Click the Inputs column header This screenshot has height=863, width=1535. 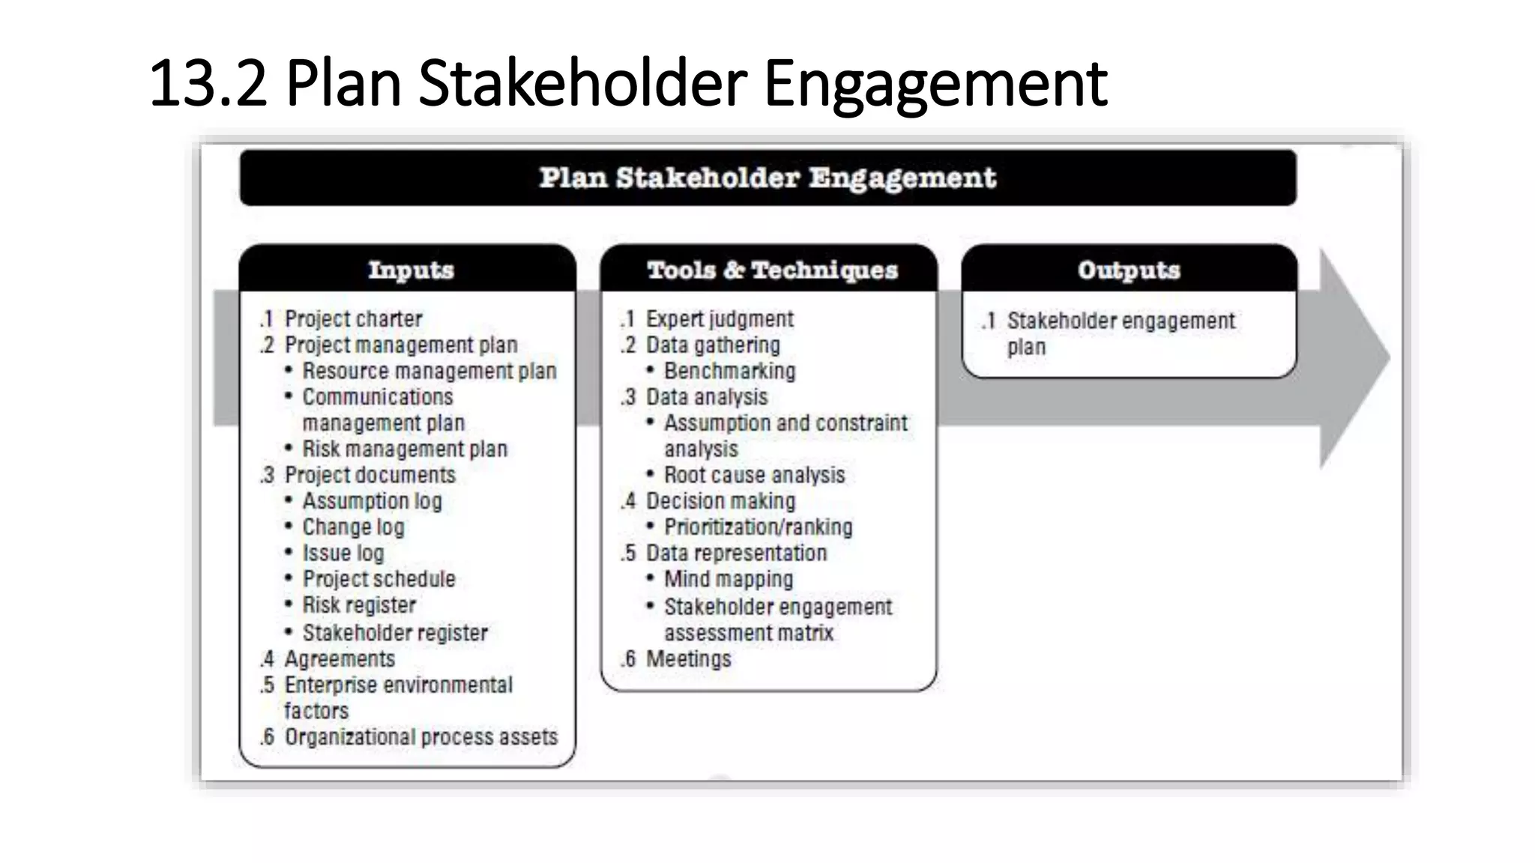(x=410, y=270)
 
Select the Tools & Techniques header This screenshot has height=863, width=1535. (x=771, y=270)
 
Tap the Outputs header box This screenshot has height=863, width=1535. (x=1129, y=270)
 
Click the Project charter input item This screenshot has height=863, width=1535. (x=353, y=319)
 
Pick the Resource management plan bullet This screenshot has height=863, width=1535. (x=429, y=372)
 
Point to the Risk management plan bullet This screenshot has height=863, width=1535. (x=405, y=449)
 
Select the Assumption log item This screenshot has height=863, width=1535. (x=372, y=501)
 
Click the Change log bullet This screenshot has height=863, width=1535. (x=353, y=527)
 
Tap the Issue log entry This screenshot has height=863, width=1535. (x=343, y=554)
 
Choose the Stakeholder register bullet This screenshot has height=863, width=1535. (x=395, y=633)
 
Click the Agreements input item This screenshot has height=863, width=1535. (x=340, y=659)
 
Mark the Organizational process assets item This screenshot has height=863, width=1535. (x=420, y=737)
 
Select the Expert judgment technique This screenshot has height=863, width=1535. (x=720, y=319)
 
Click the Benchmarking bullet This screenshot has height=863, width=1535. (x=729, y=372)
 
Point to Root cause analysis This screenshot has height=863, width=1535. (x=754, y=476)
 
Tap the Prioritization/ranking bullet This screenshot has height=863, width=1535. (x=758, y=527)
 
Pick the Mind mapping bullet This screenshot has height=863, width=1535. (x=728, y=579)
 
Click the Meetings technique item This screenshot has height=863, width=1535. (x=688, y=659)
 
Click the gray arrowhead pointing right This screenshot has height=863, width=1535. (x=1353, y=358)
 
